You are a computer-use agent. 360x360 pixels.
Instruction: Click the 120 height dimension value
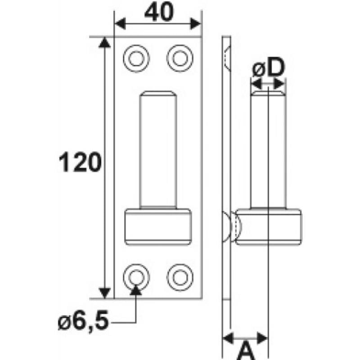coord(79,163)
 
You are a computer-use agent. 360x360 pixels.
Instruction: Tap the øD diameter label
coord(268,69)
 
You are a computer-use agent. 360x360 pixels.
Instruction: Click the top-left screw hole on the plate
coord(136,58)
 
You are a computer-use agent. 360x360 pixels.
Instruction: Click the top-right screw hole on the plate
coord(179,58)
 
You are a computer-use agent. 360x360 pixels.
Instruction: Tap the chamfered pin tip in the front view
coord(157,94)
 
